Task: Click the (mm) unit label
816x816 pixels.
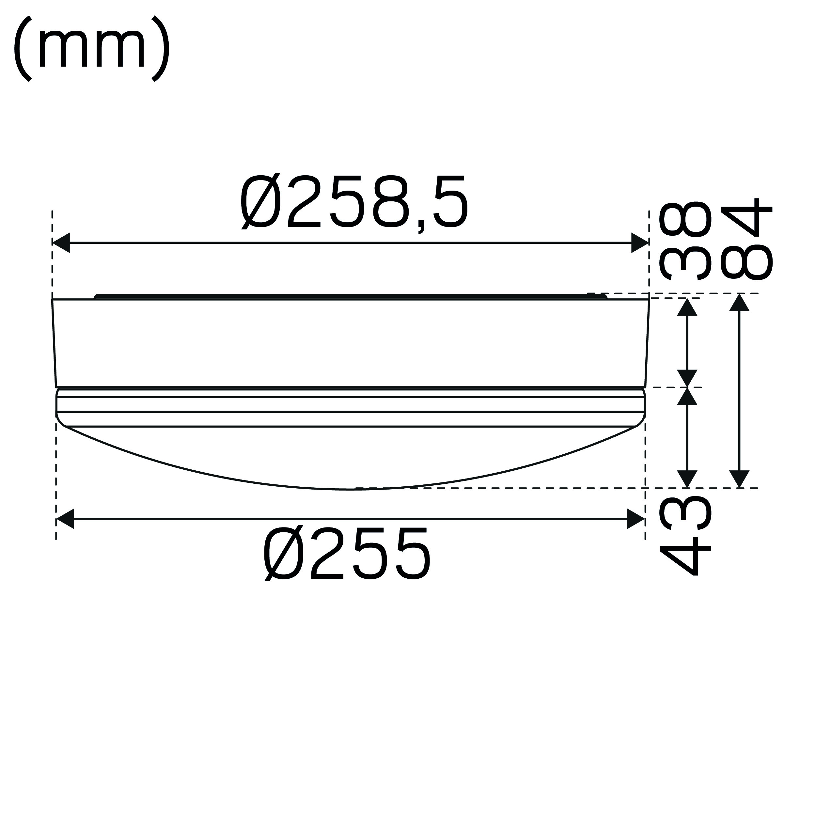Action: pyautogui.click(x=92, y=48)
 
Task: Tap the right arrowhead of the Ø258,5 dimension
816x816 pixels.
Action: pyautogui.click(x=640, y=243)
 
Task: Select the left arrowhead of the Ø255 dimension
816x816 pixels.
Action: pyautogui.click(x=65, y=519)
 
